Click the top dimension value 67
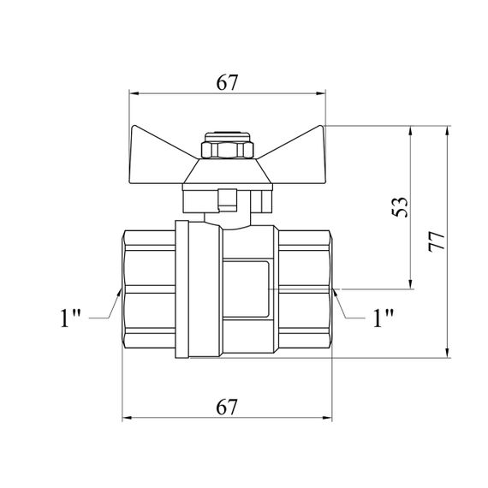(x=227, y=82)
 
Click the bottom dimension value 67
(x=227, y=407)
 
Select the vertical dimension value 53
(x=399, y=207)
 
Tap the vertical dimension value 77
(x=437, y=241)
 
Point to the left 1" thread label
(x=70, y=318)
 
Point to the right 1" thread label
(x=384, y=318)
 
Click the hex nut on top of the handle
(x=228, y=150)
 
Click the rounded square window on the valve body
(x=246, y=289)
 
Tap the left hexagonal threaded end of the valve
(x=148, y=289)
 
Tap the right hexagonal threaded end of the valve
(x=305, y=289)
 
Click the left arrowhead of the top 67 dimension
(x=134, y=93)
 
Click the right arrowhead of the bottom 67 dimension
(x=327, y=418)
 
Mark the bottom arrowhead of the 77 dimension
(x=447, y=353)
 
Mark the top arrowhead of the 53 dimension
(x=410, y=131)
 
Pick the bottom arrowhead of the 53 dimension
(x=410, y=284)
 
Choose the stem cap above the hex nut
(x=228, y=137)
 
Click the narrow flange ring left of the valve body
(x=182, y=289)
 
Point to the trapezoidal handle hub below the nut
(x=228, y=171)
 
